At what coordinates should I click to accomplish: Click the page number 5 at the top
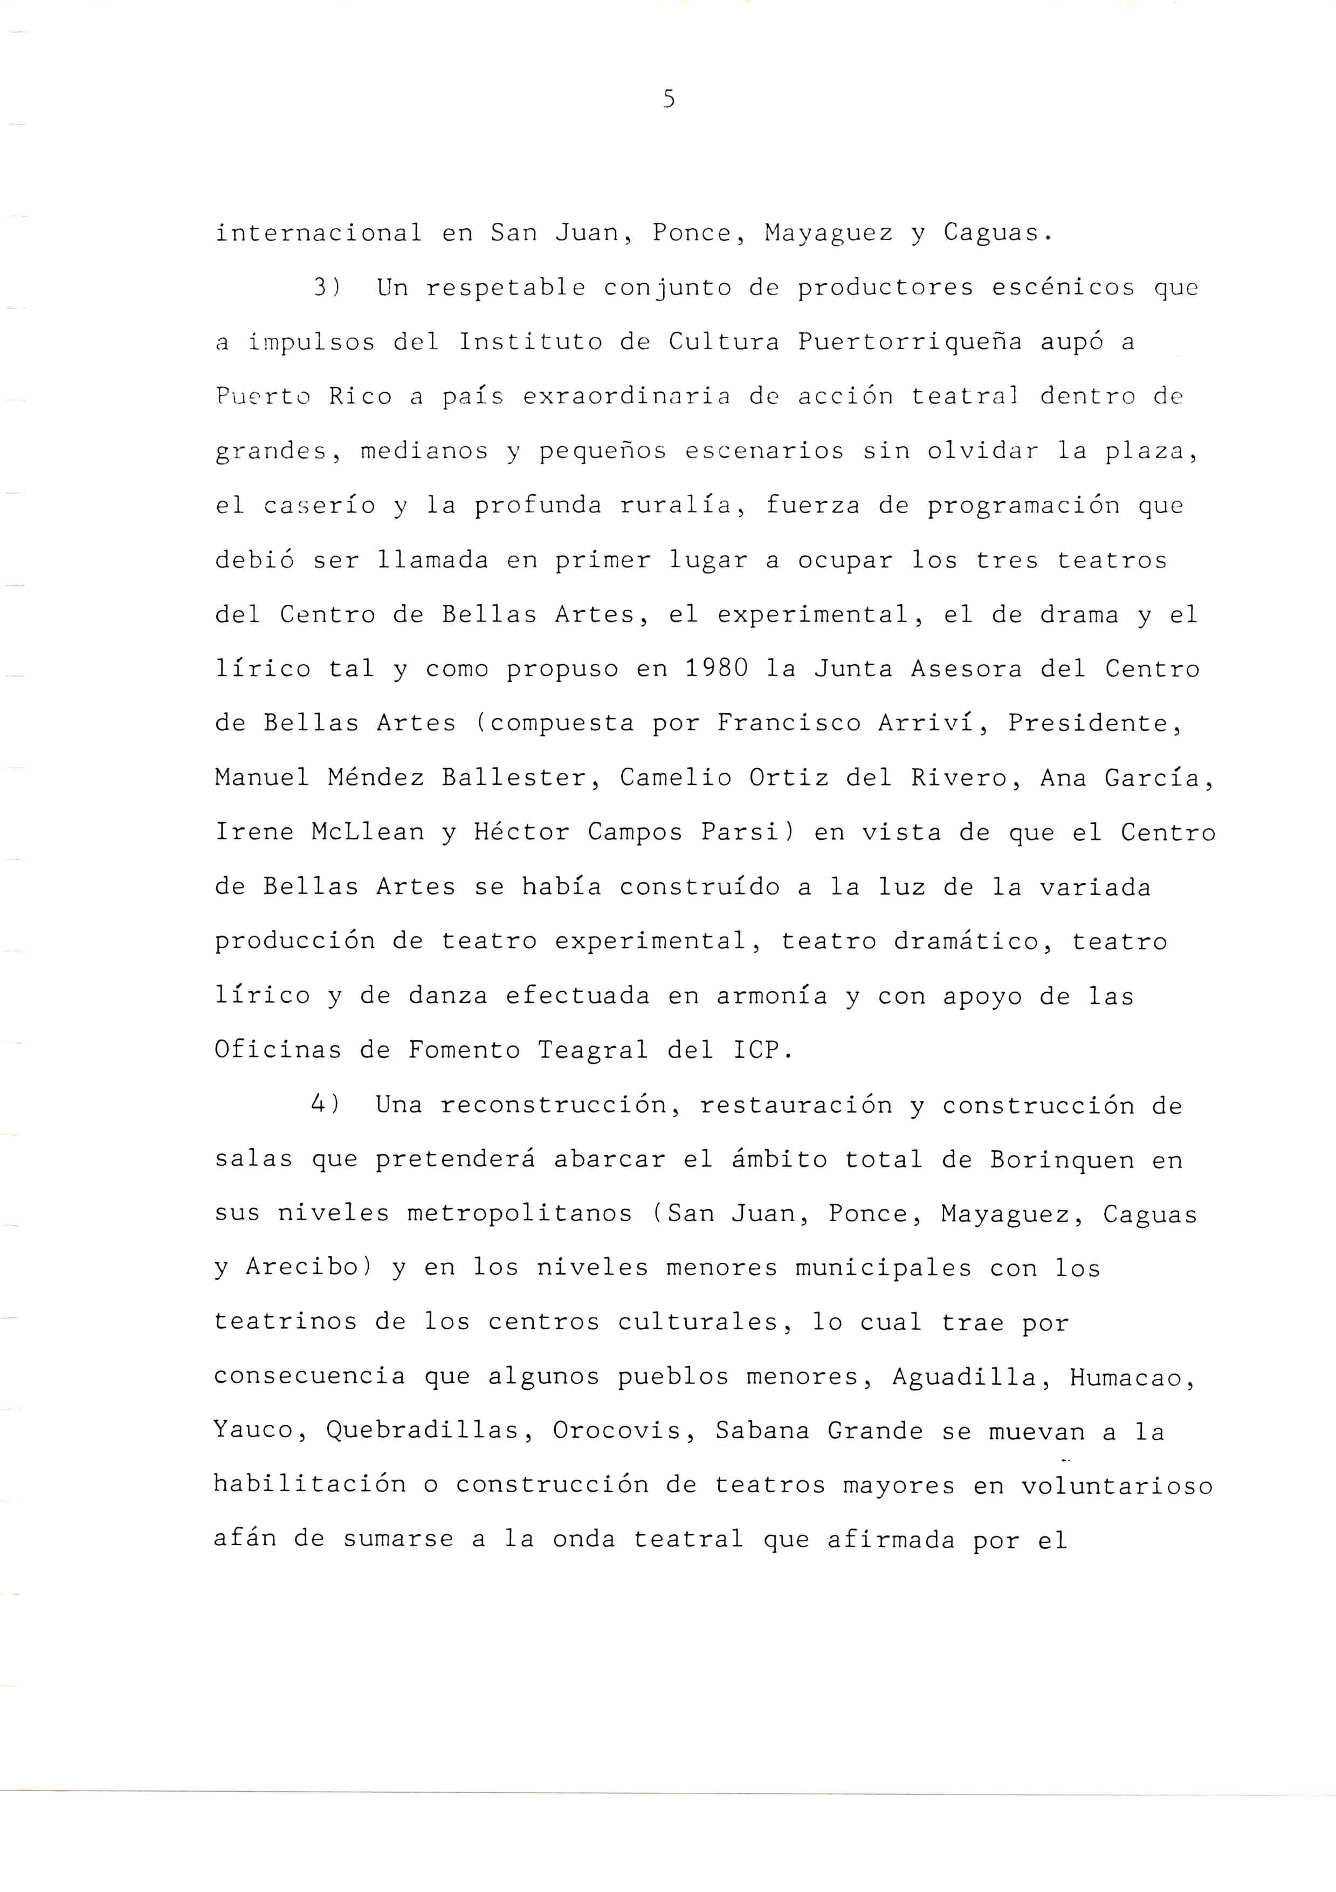668,100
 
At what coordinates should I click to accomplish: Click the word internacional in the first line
318,233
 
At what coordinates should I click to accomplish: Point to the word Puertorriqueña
910,342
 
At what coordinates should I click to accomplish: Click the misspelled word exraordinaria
626,397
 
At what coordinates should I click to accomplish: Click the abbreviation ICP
762,1050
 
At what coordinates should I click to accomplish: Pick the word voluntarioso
1117,1484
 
